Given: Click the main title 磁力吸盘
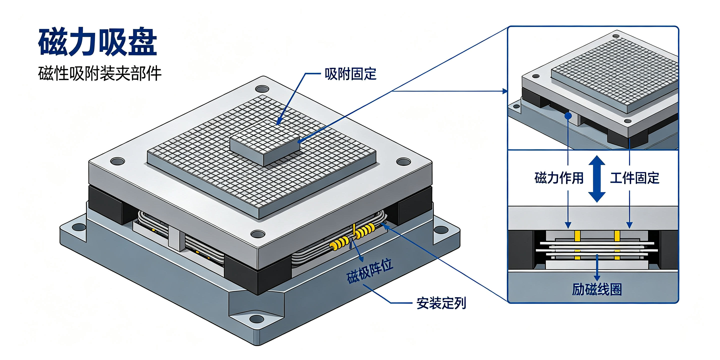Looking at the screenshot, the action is pyautogui.click(x=97, y=42).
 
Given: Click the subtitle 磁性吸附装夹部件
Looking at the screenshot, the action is pyautogui.click(x=100, y=73).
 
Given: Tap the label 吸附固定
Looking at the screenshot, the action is pyautogui.click(x=350, y=74).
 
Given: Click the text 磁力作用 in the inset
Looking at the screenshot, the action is pyautogui.click(x=559, y=178).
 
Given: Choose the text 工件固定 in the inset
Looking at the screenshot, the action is pyautogui.click(x=635, y=178).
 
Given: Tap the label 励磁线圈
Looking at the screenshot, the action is pyautogui.click(x=597, y=289).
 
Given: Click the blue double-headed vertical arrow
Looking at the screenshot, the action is pyautogui.click(x=597, y=179).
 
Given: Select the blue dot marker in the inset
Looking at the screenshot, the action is pyautogui.click(x=568, y=116).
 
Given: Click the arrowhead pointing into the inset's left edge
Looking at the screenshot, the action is pyautogui.click(x=505, y=91).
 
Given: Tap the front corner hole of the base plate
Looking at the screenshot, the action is pyautogui.click(x=256, y=319).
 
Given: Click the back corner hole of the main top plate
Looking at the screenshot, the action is pyautogui.click(x=262, y=89).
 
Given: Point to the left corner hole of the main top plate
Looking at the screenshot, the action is pyautogui.click(x=118, y=161).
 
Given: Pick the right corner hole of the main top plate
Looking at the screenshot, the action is pyautogui.click(x=403, y=161).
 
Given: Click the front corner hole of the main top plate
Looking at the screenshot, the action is pyautogui.click(x=258, y=234).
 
